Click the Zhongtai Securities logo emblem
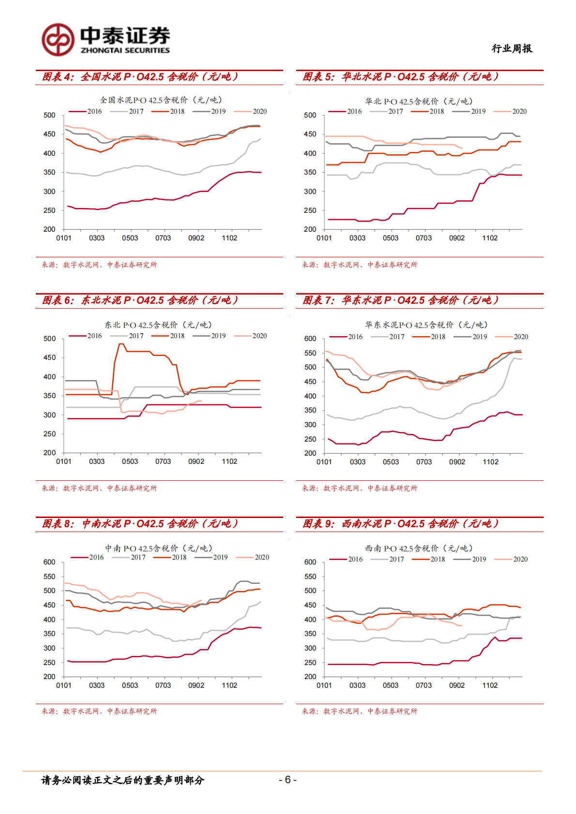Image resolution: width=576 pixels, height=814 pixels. [x=58, y=40]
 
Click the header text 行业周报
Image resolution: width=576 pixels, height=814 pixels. [x=512, y=48]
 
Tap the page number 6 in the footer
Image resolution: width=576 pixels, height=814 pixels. [x=288, y=779]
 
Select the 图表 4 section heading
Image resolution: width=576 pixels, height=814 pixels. [x=140, y=77]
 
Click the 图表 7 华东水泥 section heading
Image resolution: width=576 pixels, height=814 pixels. [x=400, y=300]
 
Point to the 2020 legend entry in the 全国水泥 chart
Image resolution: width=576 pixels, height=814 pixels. [x=251, y=111]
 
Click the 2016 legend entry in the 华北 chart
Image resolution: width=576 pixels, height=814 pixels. [x=346, y=111]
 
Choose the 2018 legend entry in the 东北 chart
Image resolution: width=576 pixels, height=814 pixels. [x=168, y=336]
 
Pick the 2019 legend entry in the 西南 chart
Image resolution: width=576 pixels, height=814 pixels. [x=470, y=559]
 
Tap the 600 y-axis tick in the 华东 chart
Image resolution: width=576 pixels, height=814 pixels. [x=310, y=339]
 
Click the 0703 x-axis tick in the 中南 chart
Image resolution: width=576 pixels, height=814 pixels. [x=163, y=685]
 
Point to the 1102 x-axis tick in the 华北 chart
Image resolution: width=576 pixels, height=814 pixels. [x=490, y=238]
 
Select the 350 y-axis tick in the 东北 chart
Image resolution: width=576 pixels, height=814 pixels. [x=50, y=396]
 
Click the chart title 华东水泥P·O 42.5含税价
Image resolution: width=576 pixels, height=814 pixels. [x=426, y=325]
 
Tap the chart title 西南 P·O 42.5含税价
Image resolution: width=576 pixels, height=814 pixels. [x=419, y=548]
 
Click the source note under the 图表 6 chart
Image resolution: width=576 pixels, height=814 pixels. [x=99, y=488]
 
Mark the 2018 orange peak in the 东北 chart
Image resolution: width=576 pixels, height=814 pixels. [x=121, y=344]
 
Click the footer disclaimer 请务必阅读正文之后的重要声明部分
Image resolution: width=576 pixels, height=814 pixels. [x=123, y=780]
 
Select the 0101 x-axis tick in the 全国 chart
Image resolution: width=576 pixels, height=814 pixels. [x=64, y=238]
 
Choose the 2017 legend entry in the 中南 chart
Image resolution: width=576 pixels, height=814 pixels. [x=129, y=557]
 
